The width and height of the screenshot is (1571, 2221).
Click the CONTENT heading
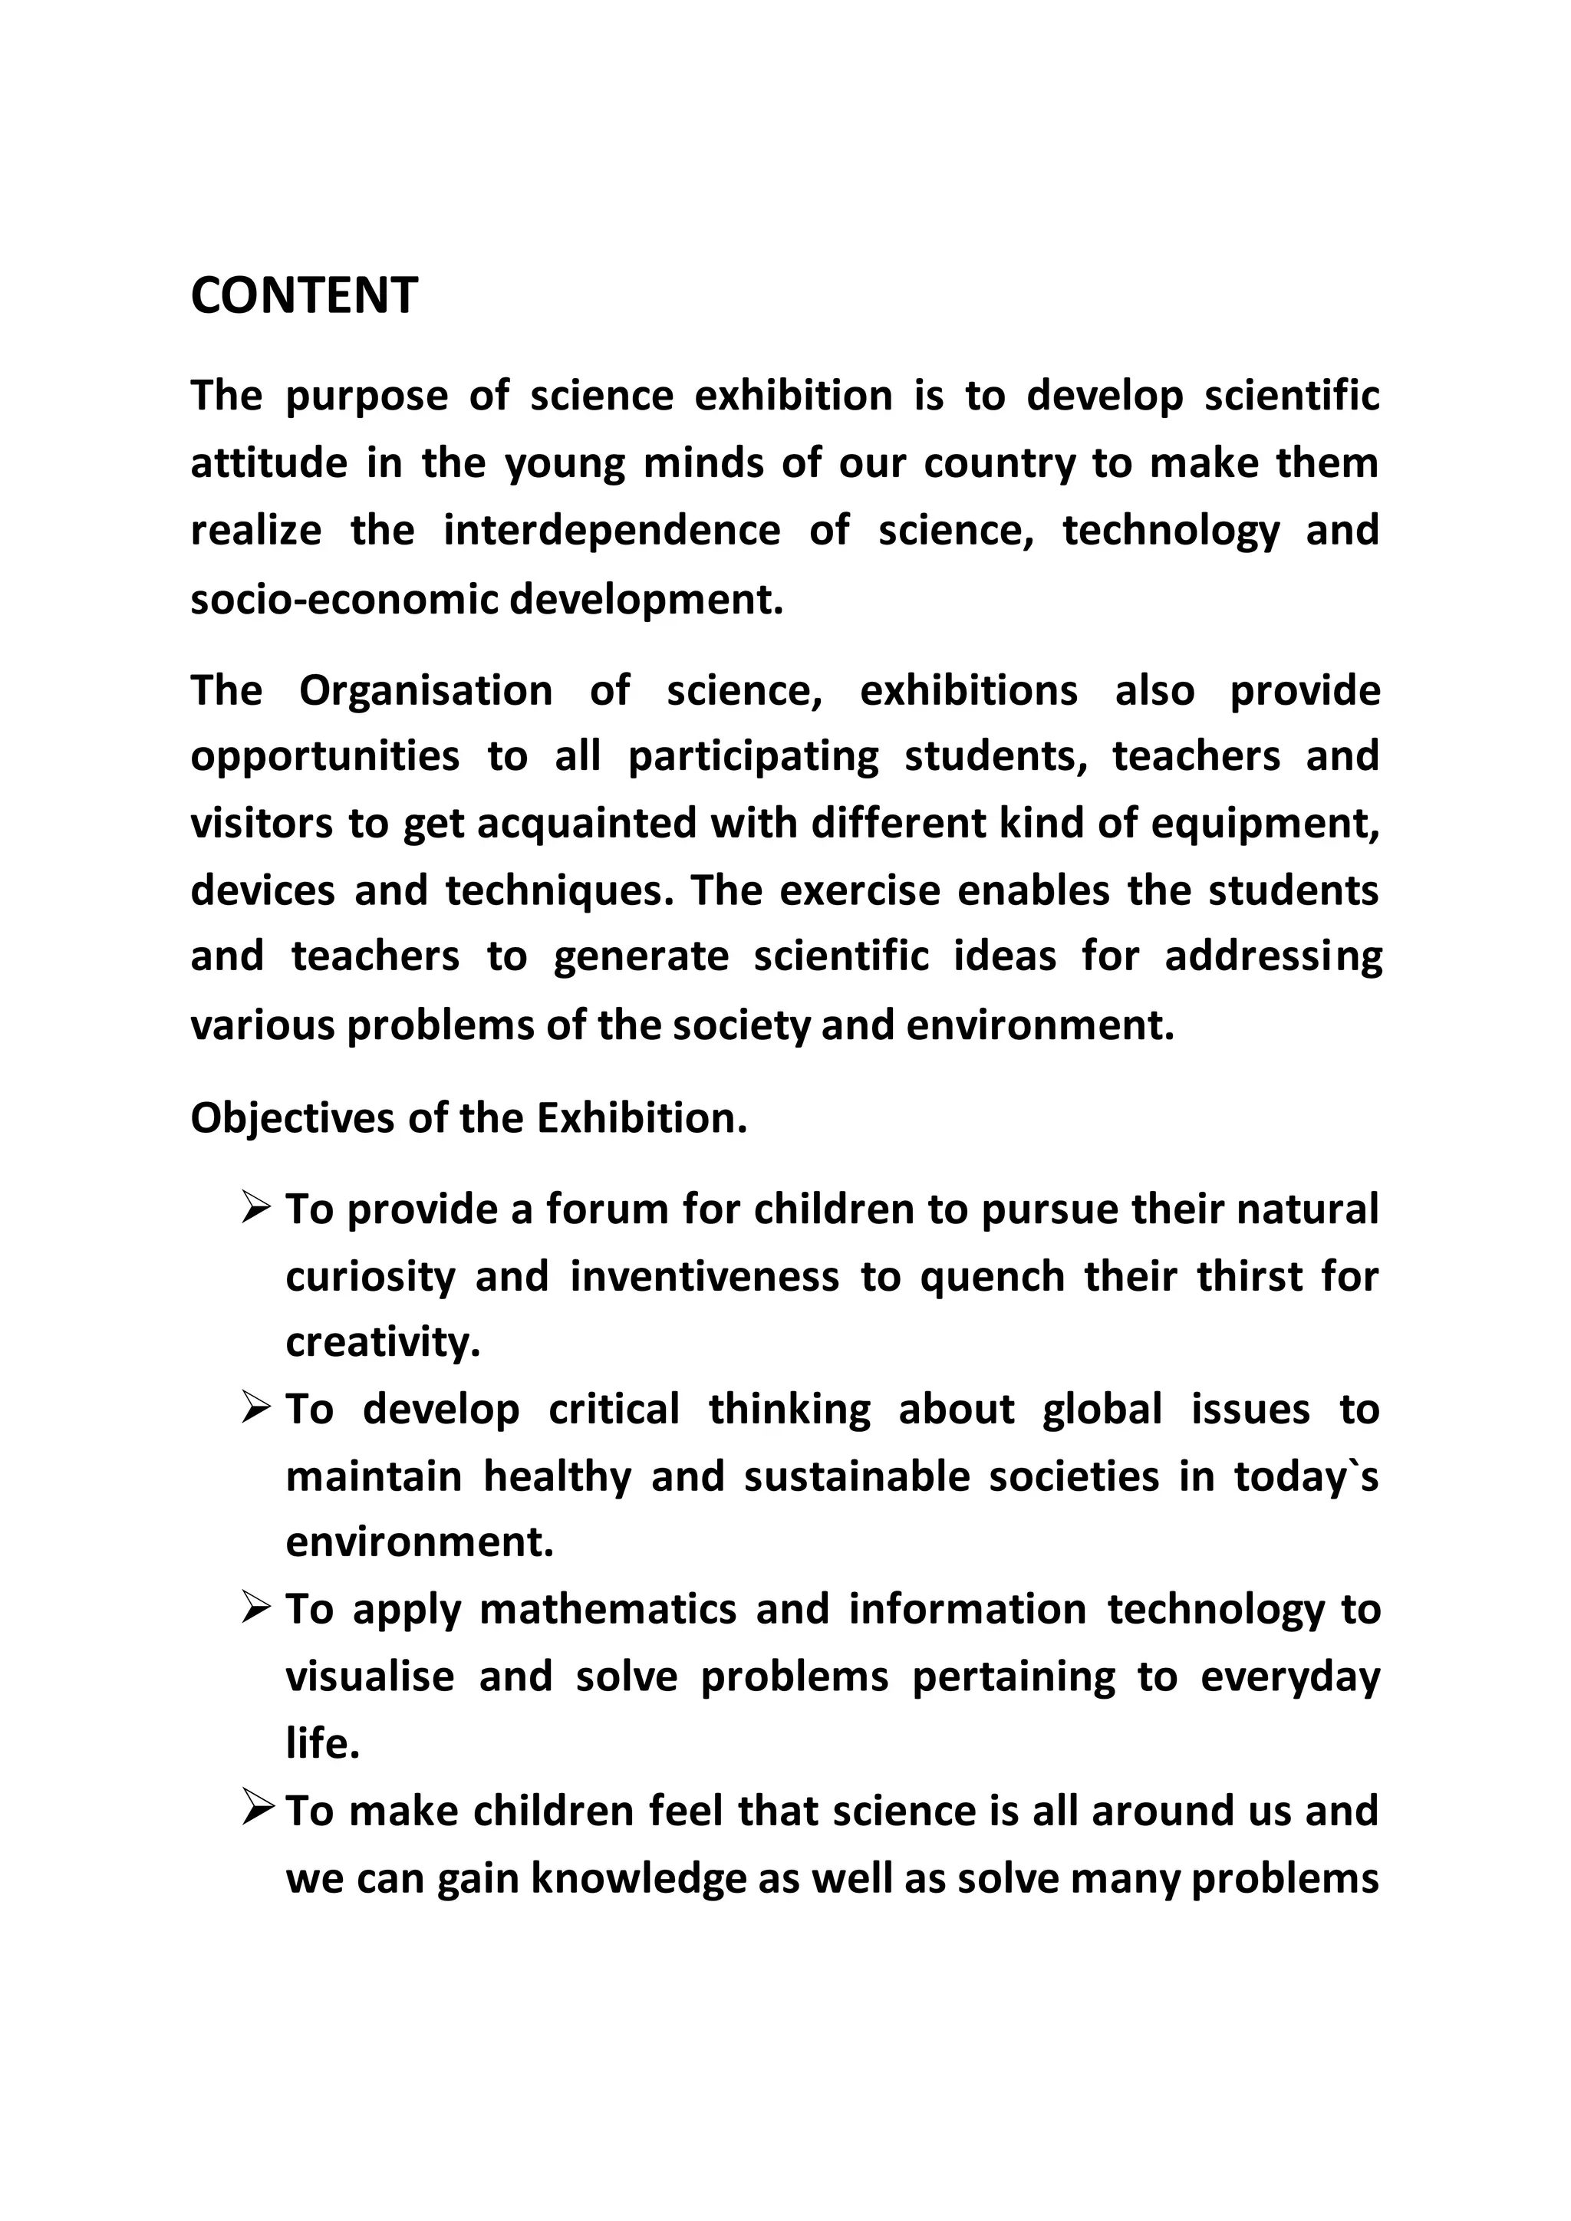304,296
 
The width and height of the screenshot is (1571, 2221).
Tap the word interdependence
611,531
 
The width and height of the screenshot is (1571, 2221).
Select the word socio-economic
344,600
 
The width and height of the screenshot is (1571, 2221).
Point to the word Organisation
426,691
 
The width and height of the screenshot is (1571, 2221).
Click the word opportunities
325,756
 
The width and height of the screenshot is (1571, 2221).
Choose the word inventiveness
704,1277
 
